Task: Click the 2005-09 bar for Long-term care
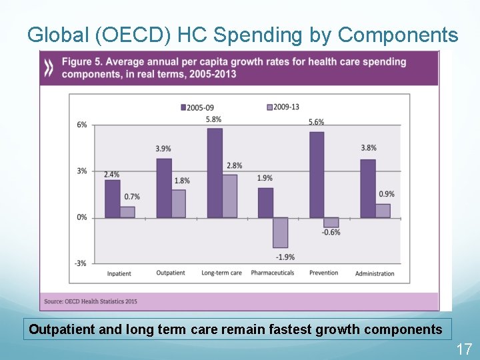click(x=215, y=173)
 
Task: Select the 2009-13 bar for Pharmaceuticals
click(x=281, y=232)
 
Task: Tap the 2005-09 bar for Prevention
click(x=317, y=175)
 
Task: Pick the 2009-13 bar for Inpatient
click(x=127, y=211)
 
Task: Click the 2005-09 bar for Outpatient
click(x=164, y=188)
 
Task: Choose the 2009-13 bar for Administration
click(x=383, y=210)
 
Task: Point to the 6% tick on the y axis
click(x=81, y=125)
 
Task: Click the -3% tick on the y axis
click(x=80, y=263)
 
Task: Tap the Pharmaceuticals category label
click(x=272, y=273)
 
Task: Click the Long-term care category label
click(x=221, y=273)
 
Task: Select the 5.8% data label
click(x=213, y=119)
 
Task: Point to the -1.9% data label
click(x=285, y=257)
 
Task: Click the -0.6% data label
click(x=331, y=232)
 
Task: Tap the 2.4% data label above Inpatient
click(x=112, y=175)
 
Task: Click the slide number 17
click(x=463, y=349)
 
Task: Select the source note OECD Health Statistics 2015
click(x=91, y=301)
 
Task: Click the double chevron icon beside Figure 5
click(x=49, y=67)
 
